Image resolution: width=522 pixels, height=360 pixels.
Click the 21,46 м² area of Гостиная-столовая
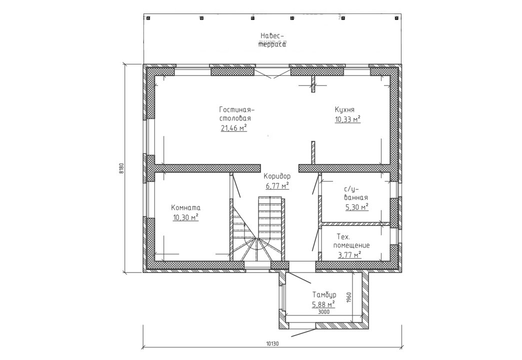pyautogui.click(x=233, y=127)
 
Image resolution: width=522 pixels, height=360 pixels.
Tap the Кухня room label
pyautogui.click(x=344, y=109)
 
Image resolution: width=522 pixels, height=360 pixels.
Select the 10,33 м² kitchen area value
pyautogui.click(x=348, y=119)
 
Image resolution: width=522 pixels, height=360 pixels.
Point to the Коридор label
pyautogui.click(x=277, y=176)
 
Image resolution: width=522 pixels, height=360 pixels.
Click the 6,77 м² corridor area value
pyautogui.click(x=277, y=185)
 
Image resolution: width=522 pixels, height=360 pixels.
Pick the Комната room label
pyautogui.click(x=186, y=208)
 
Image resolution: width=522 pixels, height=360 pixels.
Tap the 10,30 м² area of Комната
pyautogui.click(x=186, y=217)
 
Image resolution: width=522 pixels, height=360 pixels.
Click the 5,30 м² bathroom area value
pyautogui.click(x=357, y=207)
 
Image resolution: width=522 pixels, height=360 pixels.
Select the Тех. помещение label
pyautogui.click(x=351, y=241)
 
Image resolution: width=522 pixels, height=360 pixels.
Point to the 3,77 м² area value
pyautogui.click(x=349, y=255)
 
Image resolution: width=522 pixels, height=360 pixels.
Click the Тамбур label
pyautogui.click(x=324, y=294)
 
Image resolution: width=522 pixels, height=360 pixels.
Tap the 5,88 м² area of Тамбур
pyautogui.click(x=323, y=304)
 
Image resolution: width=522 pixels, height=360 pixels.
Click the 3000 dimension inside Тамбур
pyautogui.click(x=324, y=312)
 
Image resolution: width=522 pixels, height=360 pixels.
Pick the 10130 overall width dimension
pyautogui.click(x=272, y=343)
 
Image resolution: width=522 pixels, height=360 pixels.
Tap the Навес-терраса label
pyautogui.click(x=272, y=40)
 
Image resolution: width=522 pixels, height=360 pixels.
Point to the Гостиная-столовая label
pyautogui.click(x=236, y=114)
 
